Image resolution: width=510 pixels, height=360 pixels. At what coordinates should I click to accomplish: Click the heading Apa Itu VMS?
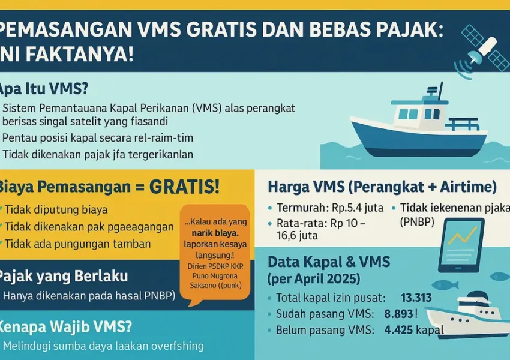[x=45, y=89]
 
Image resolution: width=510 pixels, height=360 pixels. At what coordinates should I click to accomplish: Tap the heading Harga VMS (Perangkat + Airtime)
[x=382, y=187]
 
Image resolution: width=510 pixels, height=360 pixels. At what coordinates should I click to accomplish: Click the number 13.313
[x=416, y=298]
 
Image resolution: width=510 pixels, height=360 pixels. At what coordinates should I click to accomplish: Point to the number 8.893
[x=416, y=313]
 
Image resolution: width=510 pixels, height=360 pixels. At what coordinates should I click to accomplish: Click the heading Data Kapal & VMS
[x=329, y=262]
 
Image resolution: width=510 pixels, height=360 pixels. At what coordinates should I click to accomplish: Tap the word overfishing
[x=174, y=346]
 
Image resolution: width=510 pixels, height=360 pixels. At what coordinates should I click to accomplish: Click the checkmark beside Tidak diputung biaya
[x=7, y=210]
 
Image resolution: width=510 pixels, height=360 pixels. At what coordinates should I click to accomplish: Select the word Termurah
[x=299, y=208]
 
